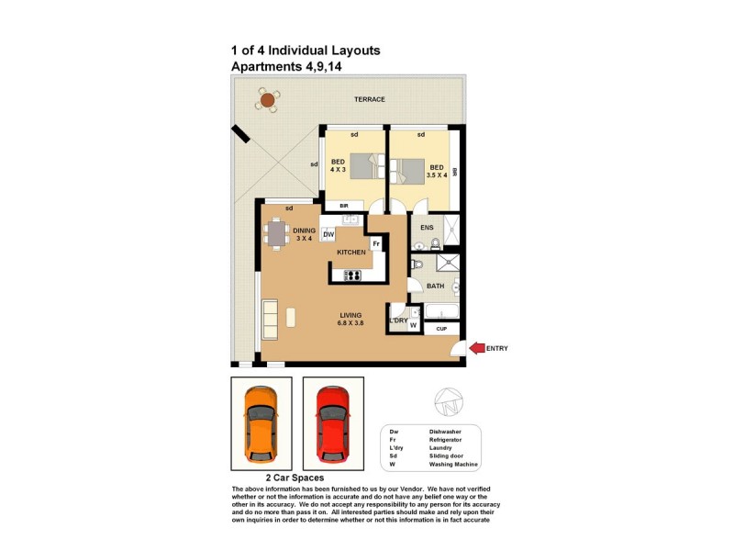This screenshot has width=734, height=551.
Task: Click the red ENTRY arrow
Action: [x=476, y=347]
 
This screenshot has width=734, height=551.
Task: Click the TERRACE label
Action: [x=370, y=99]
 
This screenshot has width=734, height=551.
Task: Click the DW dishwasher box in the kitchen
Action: [x=328, y=235]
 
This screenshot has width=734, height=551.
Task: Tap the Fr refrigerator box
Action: [x=376, y=243]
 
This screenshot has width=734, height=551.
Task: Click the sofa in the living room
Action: [x=271, y=317]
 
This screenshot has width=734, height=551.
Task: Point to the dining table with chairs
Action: [x=276, y=234]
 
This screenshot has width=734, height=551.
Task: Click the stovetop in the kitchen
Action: [x=352, y=275]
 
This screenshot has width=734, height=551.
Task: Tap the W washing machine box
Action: [x=413, y=324]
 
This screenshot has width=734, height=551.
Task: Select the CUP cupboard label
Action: [x=441, y=328]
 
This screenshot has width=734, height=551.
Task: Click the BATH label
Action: [x=436, y=286]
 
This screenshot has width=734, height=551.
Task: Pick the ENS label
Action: [x=427, y=227]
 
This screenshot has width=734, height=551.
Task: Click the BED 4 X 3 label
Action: [x=339, y=167]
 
